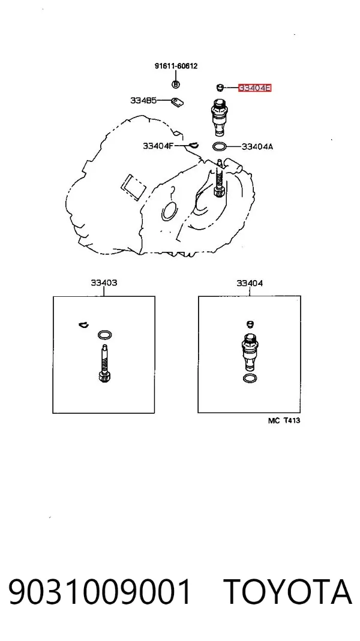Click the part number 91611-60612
pos(176,66)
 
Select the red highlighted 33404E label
pos(255,88)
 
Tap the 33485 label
pos(143,100)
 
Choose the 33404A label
pos(257,146)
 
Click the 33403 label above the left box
pos(104,282)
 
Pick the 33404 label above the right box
pos(250,283)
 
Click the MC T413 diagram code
pos(284,420)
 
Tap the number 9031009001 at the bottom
pos(100,592)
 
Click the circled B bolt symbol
pos(175,85)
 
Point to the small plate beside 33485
pos(177,102)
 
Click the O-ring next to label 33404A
pos(220,146)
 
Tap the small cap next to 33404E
pos(220,87)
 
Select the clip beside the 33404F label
pos(193,145)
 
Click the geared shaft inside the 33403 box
pos(104,364)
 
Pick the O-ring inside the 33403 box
pos(105,335)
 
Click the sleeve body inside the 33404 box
pos(249,352)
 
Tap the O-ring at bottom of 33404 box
pos(250,378)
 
